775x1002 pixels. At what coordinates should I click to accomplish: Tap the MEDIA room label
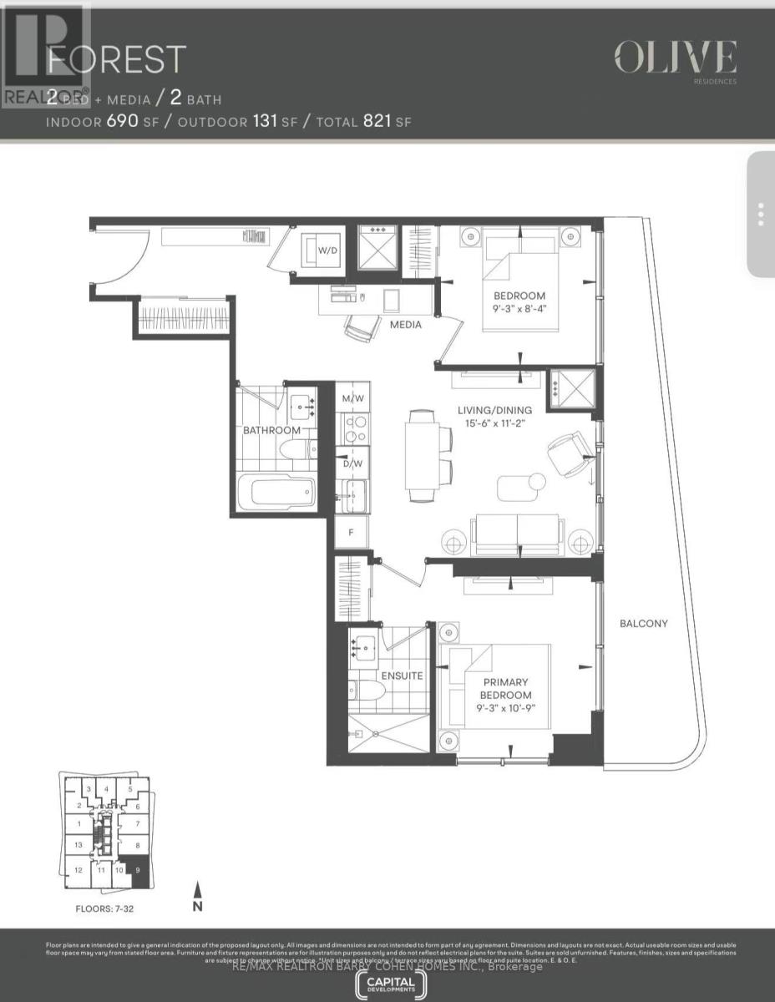(x=405, y=324)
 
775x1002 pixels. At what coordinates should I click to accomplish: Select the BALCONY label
(x=643, y=624)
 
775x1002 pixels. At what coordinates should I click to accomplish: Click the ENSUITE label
(x=402, y=676)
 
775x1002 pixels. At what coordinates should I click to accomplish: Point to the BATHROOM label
(x=271, y=431)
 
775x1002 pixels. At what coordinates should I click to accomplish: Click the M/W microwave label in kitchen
(x=352, y=398)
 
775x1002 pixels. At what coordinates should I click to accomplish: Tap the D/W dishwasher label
(x=352, y=463)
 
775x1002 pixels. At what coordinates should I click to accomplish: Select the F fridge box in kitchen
(x=352, y=531)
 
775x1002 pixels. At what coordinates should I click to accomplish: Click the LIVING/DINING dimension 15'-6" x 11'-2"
(x=496, y=423)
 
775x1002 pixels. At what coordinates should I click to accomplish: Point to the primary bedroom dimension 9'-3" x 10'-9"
(x=505, y=707)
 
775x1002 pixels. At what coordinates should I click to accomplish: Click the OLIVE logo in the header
(x=676, y=58)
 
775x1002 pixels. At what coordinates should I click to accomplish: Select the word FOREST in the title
(x=116, y=59)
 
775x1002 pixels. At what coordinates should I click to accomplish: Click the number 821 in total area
(x=377, y=122)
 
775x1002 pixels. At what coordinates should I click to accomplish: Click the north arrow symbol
(x=198, y=894)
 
